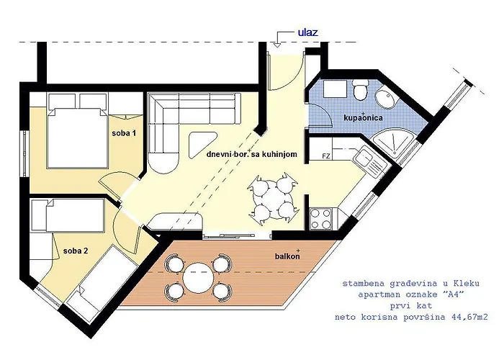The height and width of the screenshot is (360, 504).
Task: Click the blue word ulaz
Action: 308,32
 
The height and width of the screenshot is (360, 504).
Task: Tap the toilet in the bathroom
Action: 360,89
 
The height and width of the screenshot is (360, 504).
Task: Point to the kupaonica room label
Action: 363,117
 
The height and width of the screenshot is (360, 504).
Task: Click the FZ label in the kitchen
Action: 326,156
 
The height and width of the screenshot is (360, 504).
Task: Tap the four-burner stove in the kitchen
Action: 321,219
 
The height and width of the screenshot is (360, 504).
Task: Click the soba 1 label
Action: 124,132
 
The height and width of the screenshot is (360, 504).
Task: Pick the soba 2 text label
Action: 76,251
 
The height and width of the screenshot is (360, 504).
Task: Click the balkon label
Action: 287,256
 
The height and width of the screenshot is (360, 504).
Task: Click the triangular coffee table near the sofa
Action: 202,145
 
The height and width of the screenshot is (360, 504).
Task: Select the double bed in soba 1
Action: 77,138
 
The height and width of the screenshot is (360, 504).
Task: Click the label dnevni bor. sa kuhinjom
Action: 252,154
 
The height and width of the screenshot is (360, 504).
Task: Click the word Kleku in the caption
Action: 467,283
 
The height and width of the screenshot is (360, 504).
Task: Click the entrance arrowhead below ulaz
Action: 277,45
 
